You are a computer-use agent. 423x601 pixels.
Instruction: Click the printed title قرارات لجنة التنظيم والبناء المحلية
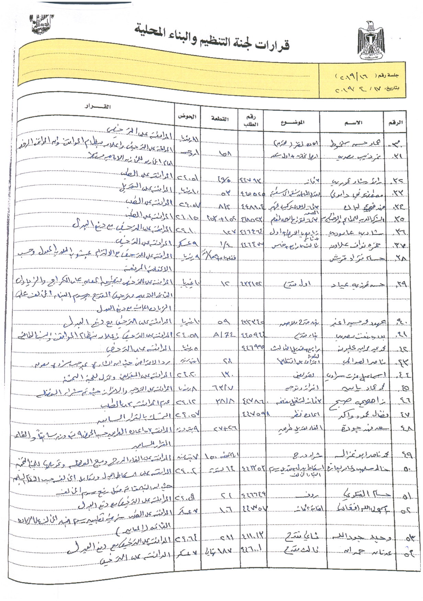(212, 38)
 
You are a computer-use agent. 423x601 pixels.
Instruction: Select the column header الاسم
(353, 122)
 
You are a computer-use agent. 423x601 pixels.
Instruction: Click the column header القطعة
(220, 119)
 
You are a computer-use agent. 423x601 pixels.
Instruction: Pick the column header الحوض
(187, 117)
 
